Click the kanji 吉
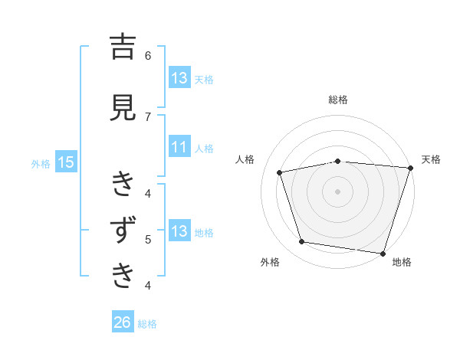[123, 48]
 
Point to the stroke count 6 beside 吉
[148, 55]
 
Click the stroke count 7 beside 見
[148, 116]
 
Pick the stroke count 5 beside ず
[148, 239]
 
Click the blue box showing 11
[179, 148]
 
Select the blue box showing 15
[66, 162]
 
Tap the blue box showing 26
[123, 323]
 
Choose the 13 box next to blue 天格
[179, 78]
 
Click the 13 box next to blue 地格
[179, 231]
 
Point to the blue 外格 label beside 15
[41, 163]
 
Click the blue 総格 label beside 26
[147, 324]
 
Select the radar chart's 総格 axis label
[338, 100]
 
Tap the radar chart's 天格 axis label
[431, 159]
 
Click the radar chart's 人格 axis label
[245, 159]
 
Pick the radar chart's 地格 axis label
[401, 262]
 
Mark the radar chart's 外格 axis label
[270, 262]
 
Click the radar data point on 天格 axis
[410, 168]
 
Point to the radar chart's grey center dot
[338, 191]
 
